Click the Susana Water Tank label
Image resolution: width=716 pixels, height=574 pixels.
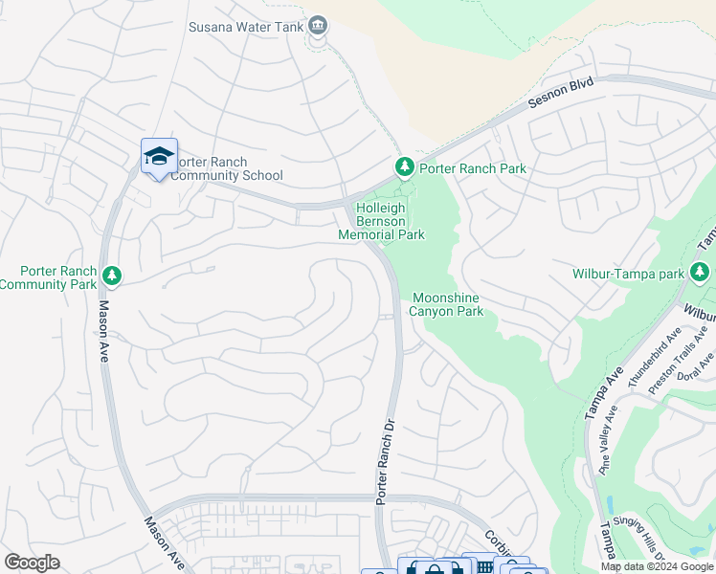tap(245, 27)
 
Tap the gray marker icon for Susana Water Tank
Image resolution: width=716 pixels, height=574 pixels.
tap(319, 26)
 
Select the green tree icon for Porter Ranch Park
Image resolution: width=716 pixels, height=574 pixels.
tap(405, 168)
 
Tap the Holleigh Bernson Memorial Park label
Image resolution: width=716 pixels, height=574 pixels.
tap(381, 221)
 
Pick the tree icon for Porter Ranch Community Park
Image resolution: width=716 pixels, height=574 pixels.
tap(112, 276)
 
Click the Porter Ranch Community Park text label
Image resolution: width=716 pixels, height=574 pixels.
tap(49, 278)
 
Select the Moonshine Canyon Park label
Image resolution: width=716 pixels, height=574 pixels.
tap(447, 304)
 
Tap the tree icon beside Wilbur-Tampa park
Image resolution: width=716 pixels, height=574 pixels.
tap(701, 273)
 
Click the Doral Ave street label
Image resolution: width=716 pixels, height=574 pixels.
tap(705, 365)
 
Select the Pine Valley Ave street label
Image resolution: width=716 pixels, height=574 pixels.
tap(609, 440)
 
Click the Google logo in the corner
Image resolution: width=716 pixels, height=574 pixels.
tap(33, 563)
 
